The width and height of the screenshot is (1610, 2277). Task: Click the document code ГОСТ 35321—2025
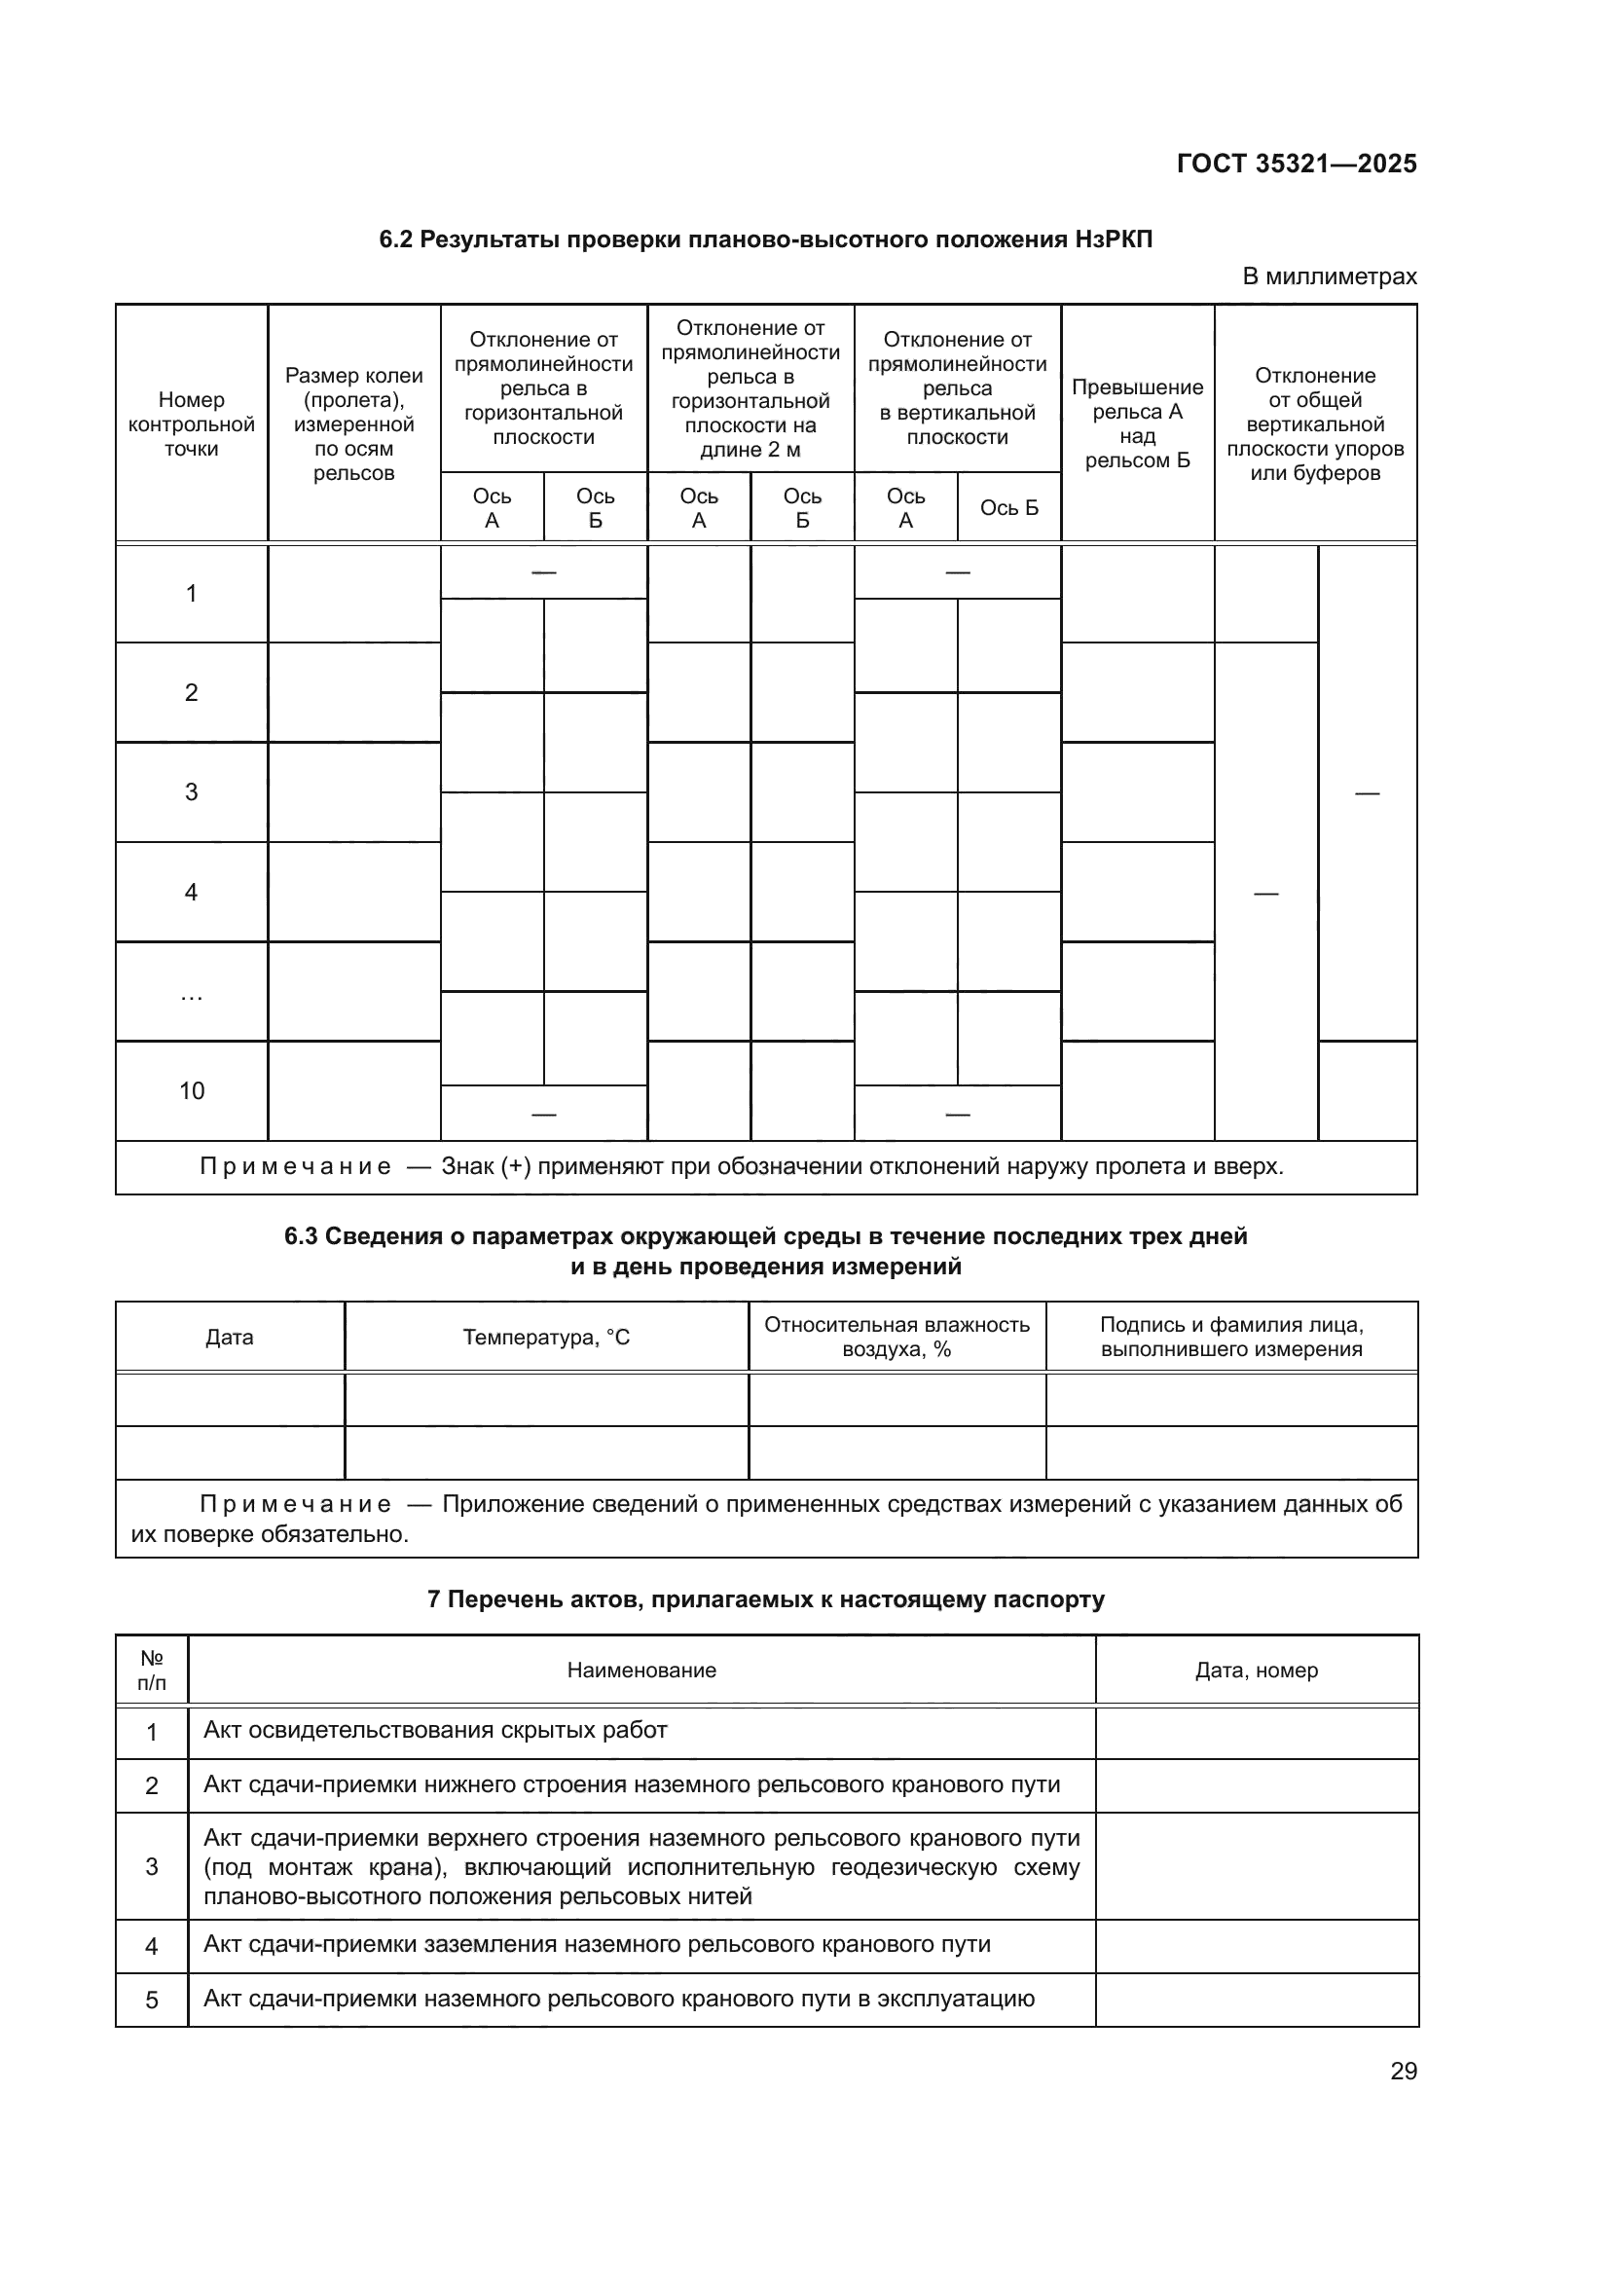1296,164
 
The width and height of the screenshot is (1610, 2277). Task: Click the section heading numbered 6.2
765,239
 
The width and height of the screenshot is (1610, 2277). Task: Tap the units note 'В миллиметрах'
1329,276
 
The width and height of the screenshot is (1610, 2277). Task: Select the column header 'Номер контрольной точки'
192,424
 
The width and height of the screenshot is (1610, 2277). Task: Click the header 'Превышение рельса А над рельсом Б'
1137,423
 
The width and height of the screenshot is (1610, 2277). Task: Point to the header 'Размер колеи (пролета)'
354,423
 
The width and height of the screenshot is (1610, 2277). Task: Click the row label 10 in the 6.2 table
192,1091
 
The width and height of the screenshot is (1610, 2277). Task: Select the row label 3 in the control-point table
192,791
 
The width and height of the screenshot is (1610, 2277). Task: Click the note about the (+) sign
742,1166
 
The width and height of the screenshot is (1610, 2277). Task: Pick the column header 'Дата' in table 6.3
229,1337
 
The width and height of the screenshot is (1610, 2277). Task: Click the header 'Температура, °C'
546,1337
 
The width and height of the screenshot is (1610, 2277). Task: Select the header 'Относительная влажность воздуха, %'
896,1337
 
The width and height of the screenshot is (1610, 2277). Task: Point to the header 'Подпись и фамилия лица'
1231,1337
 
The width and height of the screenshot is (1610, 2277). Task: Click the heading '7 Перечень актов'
765,1598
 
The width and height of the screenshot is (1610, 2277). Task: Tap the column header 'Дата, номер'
1256,1671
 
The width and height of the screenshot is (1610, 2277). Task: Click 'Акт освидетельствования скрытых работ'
435,1731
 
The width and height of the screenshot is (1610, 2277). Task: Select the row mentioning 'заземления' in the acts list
597,1944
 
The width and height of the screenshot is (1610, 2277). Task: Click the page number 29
1403,2071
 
